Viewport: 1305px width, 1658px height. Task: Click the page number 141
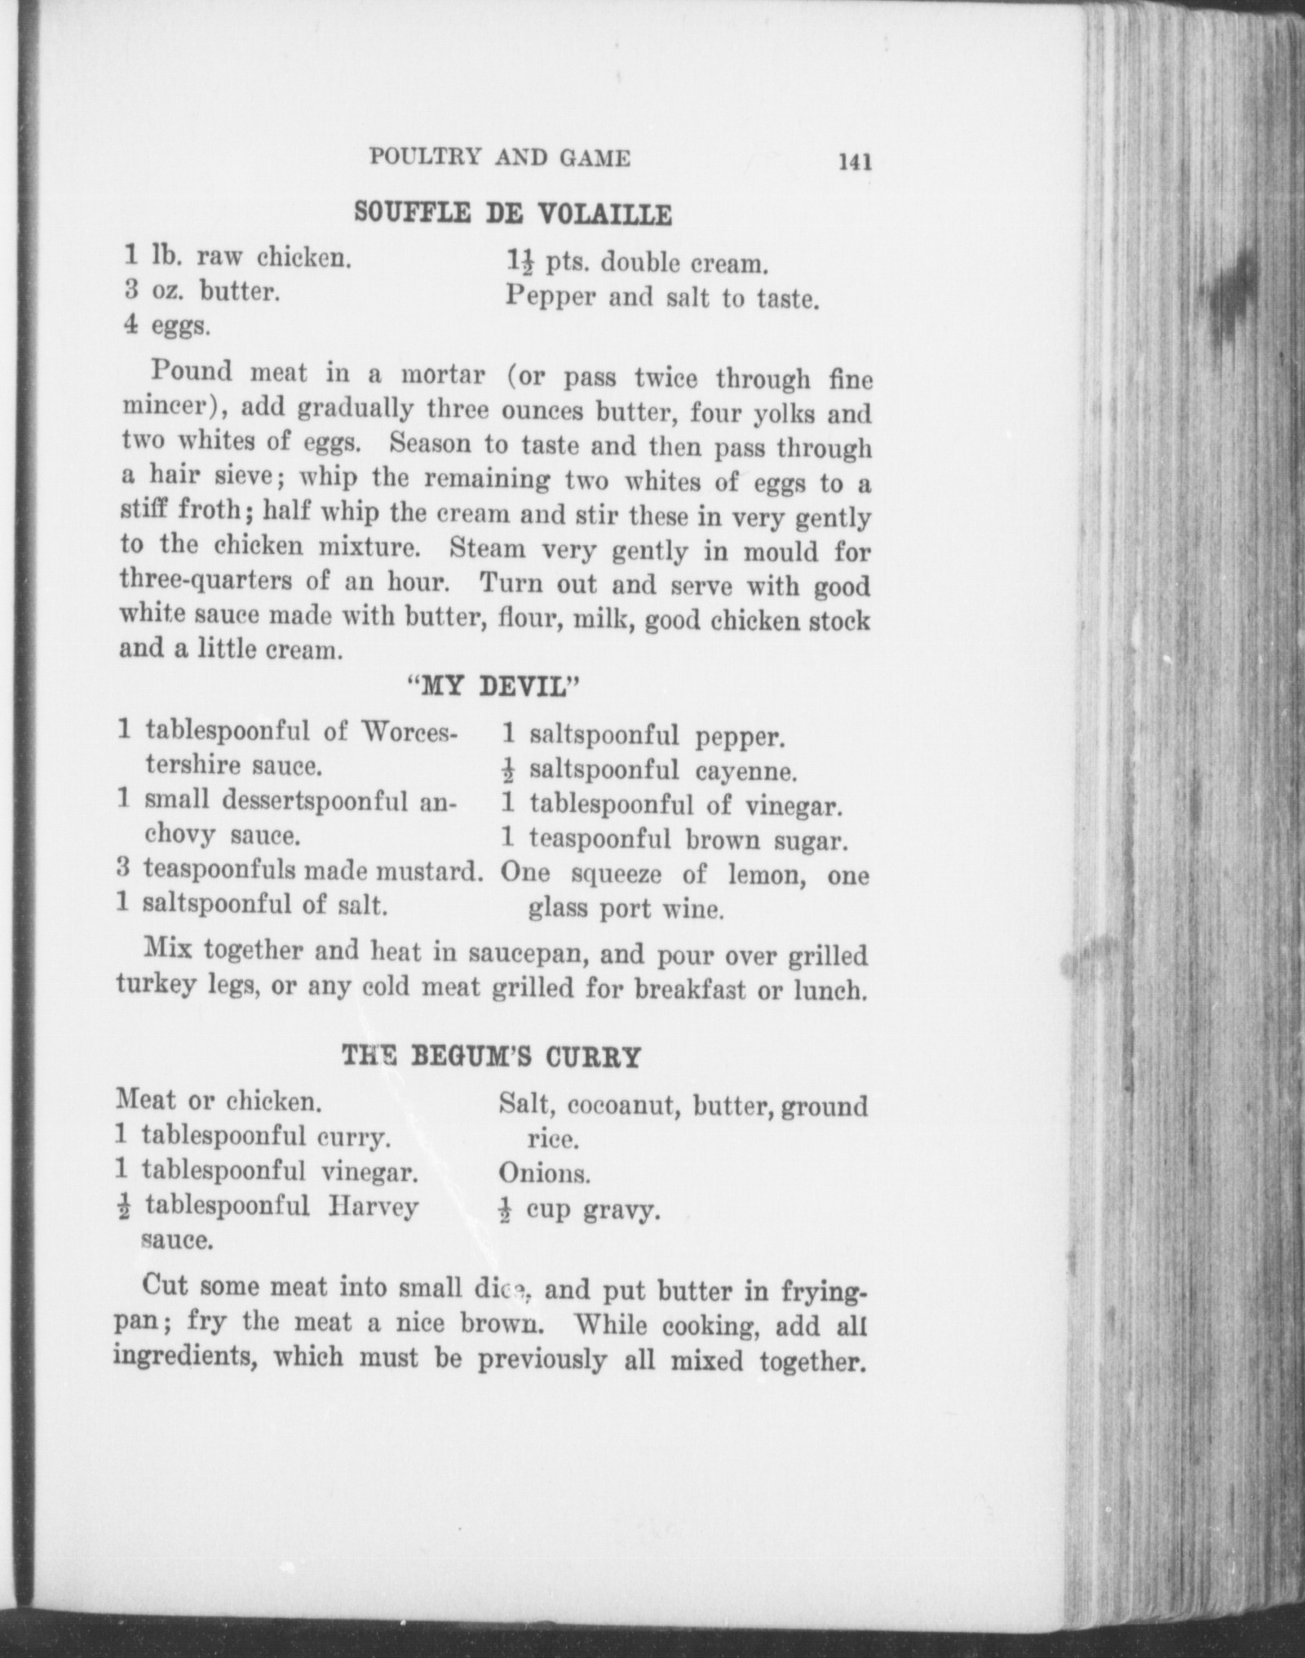tap(854, 162)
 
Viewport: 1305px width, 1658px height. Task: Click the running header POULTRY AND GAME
tap(499, 157)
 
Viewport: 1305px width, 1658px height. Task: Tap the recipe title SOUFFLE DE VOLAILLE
tap(513, 214)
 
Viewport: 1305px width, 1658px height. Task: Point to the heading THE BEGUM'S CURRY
tap(490, 1057)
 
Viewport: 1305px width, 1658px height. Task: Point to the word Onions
tap(544, 1174)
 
